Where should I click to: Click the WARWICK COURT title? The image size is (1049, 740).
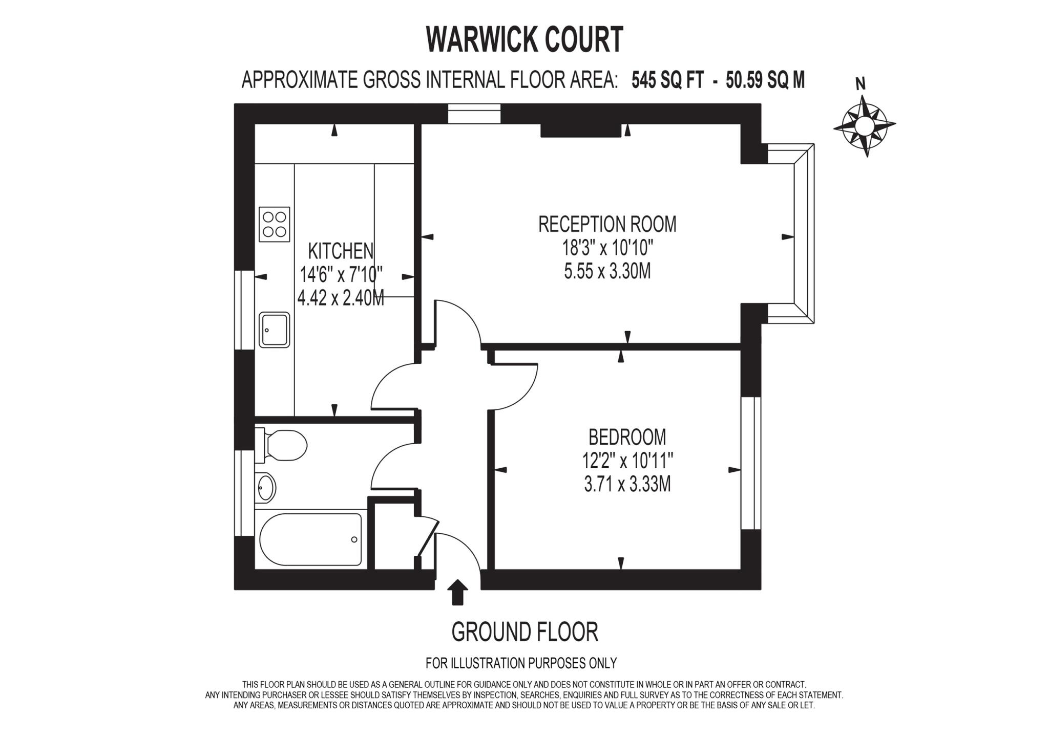524,39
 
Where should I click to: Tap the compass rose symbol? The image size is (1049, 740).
865,124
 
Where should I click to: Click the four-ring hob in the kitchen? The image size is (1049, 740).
275,224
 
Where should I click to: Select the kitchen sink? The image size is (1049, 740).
275,330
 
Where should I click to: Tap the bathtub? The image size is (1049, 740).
310,539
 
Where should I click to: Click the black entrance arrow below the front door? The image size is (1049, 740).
457,593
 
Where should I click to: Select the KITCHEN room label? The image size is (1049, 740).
341,251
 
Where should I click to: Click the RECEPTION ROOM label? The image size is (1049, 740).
607,224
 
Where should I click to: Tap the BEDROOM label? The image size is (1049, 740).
627,437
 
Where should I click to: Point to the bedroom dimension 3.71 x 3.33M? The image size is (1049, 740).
627,484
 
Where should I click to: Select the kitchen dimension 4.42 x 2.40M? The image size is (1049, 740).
341,298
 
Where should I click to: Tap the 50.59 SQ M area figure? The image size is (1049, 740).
765,80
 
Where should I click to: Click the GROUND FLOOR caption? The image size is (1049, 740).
524,632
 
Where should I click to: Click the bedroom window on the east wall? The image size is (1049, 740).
751,463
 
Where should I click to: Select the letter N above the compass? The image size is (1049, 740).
861,84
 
